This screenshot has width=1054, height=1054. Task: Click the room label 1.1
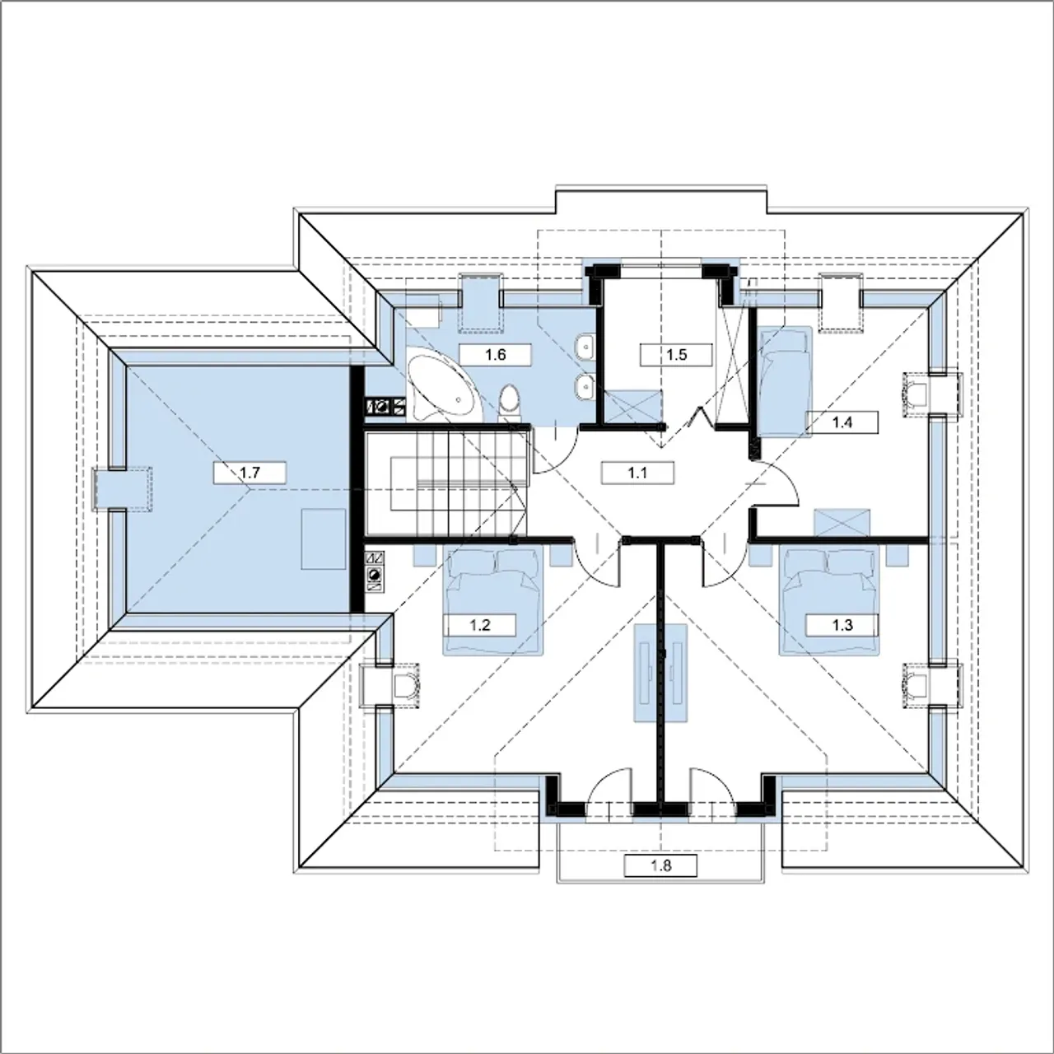(637, 473)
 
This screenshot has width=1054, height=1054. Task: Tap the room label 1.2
(480, 625)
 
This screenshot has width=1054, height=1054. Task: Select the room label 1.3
(842, 625)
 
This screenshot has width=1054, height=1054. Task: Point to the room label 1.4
(842, 422)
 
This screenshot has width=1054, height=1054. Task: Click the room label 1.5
(676, 354)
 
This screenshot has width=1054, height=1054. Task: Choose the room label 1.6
(495, 354)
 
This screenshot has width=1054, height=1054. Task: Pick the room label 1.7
(250, 473)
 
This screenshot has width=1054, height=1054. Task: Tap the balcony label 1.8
(660, 865)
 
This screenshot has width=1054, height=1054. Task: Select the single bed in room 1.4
(784, 381)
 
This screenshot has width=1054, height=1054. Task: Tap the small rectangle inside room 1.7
(324, 539)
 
